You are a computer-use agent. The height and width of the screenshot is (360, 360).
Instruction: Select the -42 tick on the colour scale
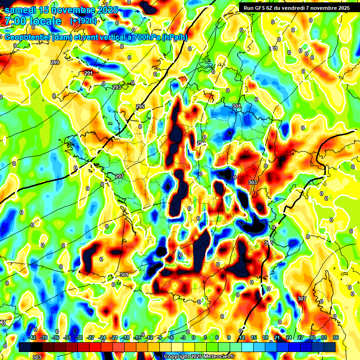point(32,337)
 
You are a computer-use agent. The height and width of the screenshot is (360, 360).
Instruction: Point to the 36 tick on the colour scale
point(335,337)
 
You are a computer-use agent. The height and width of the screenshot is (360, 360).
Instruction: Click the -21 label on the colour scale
point(114,337)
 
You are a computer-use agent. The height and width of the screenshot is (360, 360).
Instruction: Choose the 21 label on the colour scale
point(277,337)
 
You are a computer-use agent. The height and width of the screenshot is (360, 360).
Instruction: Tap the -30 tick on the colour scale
point(79,337)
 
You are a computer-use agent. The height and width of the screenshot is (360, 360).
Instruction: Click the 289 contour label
point(55,62)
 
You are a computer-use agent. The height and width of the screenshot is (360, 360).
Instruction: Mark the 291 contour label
point(89,73)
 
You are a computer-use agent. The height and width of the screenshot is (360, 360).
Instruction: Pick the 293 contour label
point(117,87)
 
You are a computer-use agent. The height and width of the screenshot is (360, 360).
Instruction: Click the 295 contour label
point(140,107)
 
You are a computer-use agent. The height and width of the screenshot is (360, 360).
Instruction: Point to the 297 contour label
point(120,176)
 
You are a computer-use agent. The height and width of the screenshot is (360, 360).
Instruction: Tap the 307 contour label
point(301,299)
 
